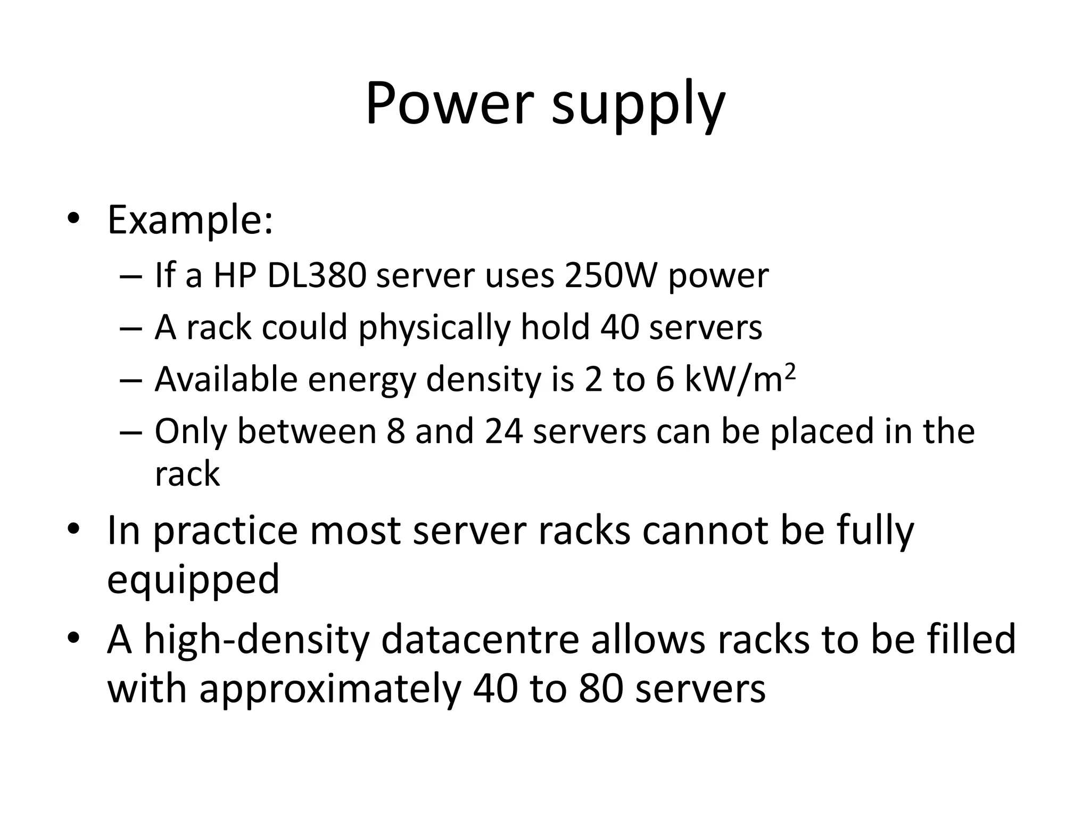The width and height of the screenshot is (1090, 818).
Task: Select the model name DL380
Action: (316, 275)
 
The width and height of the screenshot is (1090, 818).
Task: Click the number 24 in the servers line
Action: (503, 431)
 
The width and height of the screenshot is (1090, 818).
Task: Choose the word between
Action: (307, 431)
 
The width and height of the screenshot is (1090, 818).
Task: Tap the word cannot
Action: (705, 530)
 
